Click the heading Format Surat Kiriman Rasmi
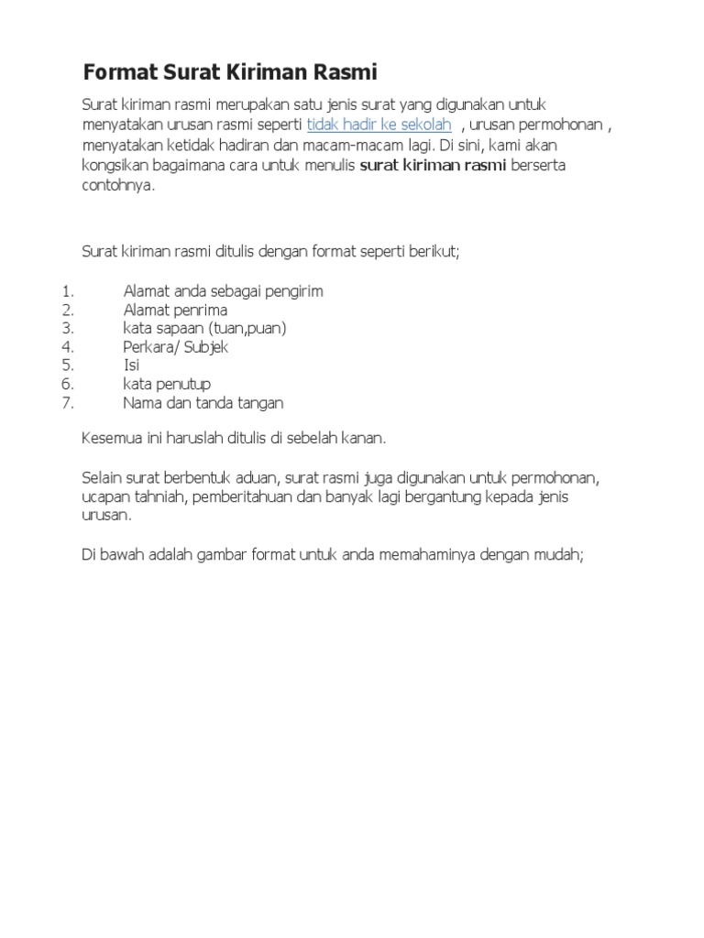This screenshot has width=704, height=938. (229, 71)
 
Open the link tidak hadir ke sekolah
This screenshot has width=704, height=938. (379, 125)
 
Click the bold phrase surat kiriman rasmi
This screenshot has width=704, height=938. (431, 166)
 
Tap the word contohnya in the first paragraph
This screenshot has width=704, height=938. (118, 186)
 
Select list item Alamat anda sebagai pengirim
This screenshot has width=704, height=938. (223, 291)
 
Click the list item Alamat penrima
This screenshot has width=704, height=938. (175, 310)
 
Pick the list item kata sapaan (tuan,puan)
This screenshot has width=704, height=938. (204, 328)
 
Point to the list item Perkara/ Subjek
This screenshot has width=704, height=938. (175, 347)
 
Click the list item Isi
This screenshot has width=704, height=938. (131, 365)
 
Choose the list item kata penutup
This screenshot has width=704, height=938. (167, 384)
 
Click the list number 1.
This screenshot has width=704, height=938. (67, 291)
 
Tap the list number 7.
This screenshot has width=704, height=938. (67, 402)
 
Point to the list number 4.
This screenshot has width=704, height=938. (67, 347)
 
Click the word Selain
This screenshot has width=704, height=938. (102, 477)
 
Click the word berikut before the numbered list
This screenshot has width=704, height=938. (435, 250)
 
